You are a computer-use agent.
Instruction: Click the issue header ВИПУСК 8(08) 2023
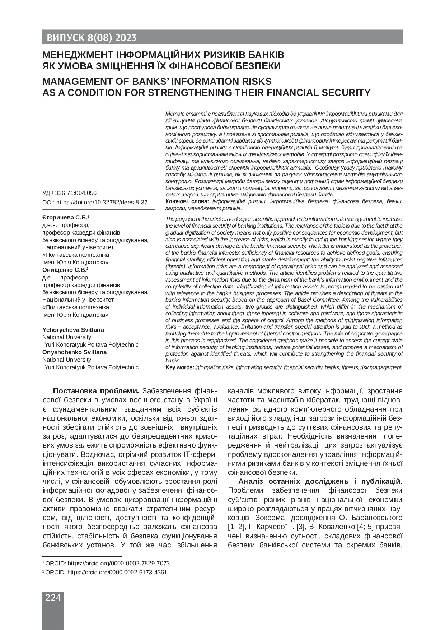tap(90, 38)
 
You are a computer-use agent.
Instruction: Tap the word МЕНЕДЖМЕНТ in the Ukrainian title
tap(78, 55)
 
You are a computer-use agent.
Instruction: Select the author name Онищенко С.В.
tap(64, 270)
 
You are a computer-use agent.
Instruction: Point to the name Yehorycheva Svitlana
tap(73, 330)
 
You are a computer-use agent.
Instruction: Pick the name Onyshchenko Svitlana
tap(75, 352)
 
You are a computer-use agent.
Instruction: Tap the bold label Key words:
tap(179, 367)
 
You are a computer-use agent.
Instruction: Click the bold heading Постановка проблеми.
tap(96, 391)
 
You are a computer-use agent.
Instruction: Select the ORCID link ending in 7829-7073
tap(119, 564)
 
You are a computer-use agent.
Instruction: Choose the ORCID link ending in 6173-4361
tap(117, 573)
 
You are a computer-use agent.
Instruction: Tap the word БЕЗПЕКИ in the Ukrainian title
tap(256, 66)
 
